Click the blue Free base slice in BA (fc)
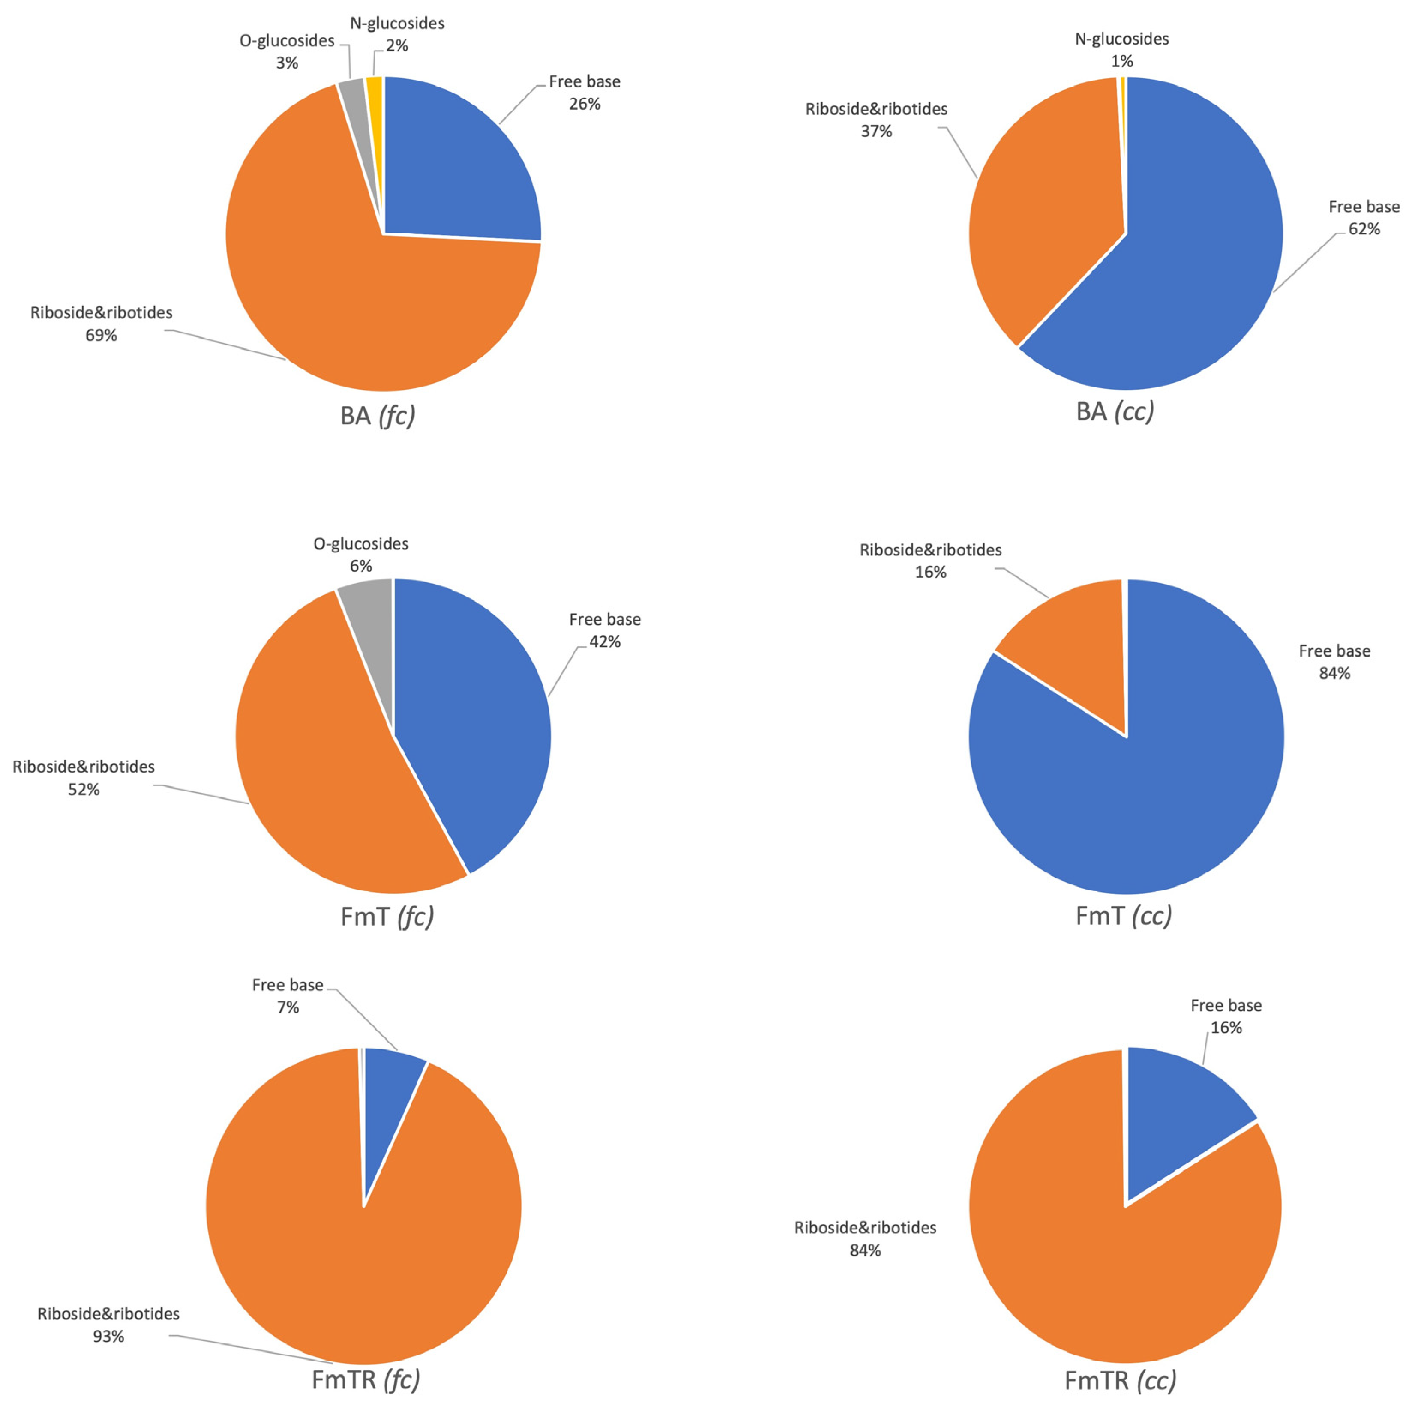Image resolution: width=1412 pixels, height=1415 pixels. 454,168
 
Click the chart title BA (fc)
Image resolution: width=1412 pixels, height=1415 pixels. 377,416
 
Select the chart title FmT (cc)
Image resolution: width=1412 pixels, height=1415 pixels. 1123,915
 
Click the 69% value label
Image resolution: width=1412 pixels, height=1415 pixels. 101,336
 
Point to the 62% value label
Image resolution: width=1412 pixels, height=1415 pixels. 1364,229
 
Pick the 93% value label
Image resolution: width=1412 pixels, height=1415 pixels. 108,1337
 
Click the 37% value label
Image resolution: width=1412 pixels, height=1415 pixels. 876,131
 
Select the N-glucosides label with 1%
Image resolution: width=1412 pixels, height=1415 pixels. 1121,50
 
